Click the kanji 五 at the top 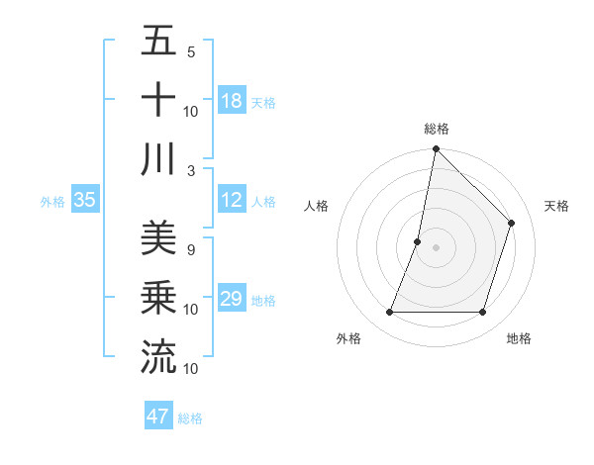158,41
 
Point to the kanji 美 158,238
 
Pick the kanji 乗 158,297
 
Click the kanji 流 158,356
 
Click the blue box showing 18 232,101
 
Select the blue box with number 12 232,200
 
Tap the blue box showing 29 232,299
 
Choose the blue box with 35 85,200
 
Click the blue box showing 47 158,417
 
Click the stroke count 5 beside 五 191,52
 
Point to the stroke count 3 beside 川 191,170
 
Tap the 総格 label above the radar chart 437,129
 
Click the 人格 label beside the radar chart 317,206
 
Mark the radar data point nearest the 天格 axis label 512,223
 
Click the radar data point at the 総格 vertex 436,149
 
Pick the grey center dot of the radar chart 436,247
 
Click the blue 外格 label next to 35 52,201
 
